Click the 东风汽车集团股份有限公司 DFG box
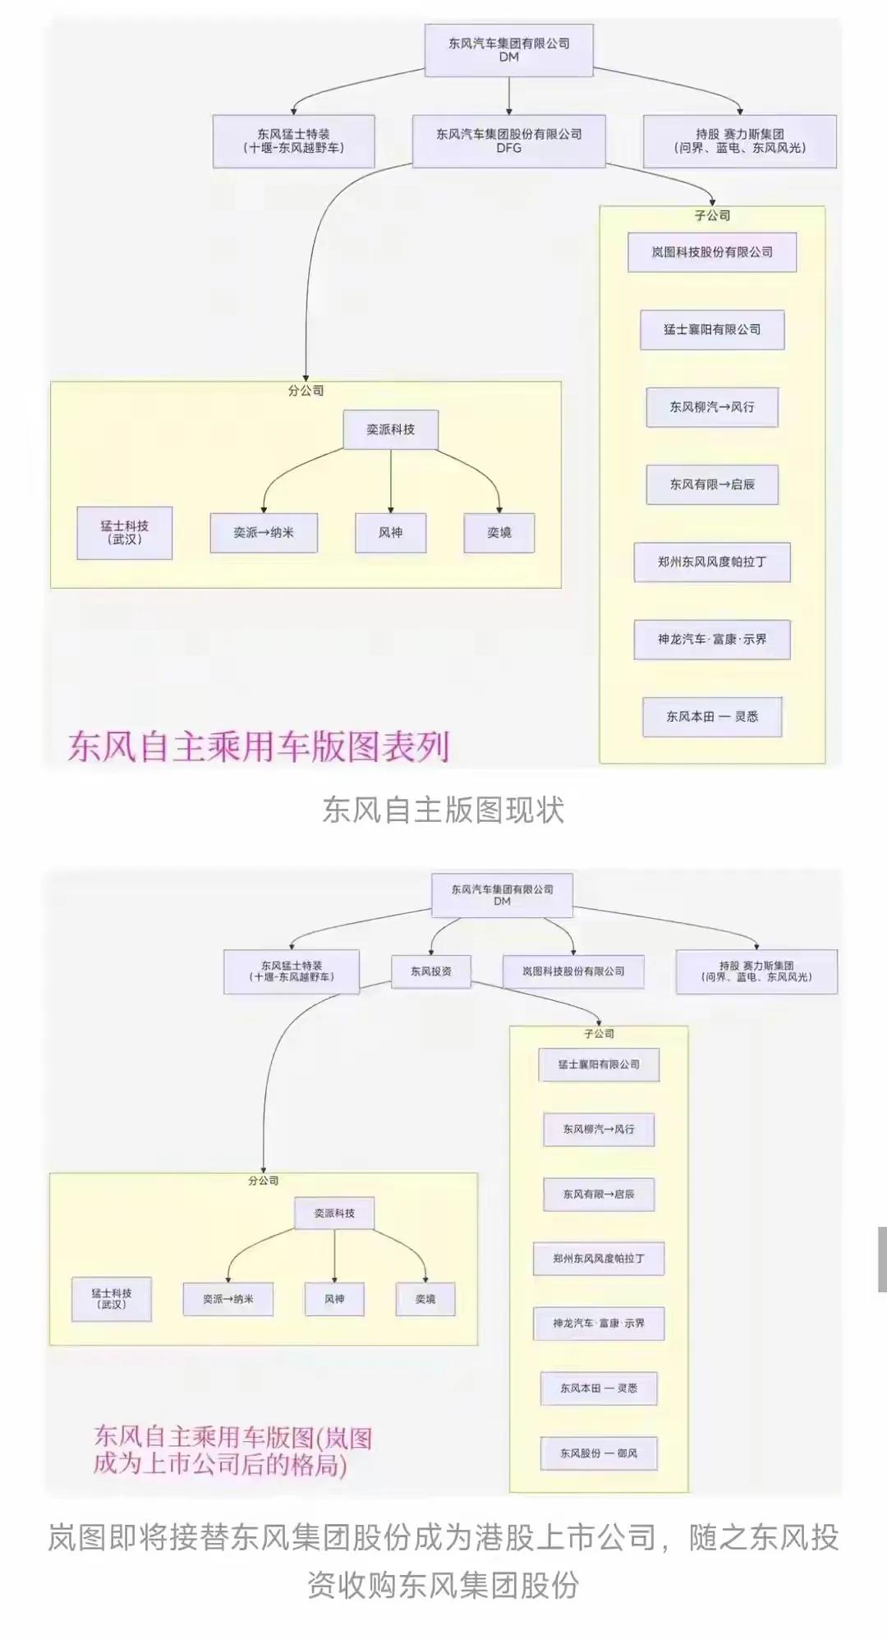tap(508, 141)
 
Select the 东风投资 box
tap(431, 971)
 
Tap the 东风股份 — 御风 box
tap(599, 1453)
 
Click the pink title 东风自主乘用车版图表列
tap(259, 746)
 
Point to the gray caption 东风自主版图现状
tap(443, 810)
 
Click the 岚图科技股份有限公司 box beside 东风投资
tap(573, 971)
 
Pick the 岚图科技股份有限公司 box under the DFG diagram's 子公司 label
tap(712, 252)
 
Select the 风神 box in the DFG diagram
tap(390, 532)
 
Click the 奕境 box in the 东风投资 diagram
tap(425, 1299)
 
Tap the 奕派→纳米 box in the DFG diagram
tap(264, 532)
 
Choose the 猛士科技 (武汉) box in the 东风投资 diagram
tap(112, 1298)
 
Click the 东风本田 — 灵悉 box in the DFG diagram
tap(712, 716)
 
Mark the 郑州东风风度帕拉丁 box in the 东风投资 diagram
tap(599, 1258)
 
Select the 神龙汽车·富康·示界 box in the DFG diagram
tap(712, 639)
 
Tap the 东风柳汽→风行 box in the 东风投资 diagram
tap(599, 1129)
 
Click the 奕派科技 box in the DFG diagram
tap(390, 429)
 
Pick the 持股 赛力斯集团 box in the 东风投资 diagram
tap(756, 971)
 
